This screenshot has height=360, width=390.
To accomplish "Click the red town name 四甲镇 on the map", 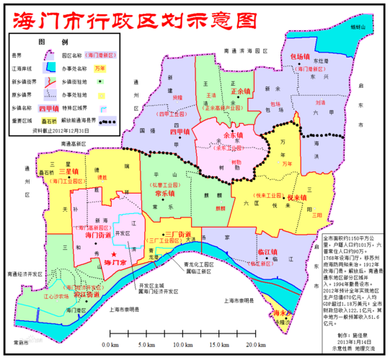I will (180, 132).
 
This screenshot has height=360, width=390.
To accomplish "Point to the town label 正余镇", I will (241, 91).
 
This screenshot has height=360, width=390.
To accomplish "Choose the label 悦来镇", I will (278, 197).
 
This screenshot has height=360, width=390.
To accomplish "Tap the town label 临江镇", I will (267, 253).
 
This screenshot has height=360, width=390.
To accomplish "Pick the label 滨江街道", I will (87, 294).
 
